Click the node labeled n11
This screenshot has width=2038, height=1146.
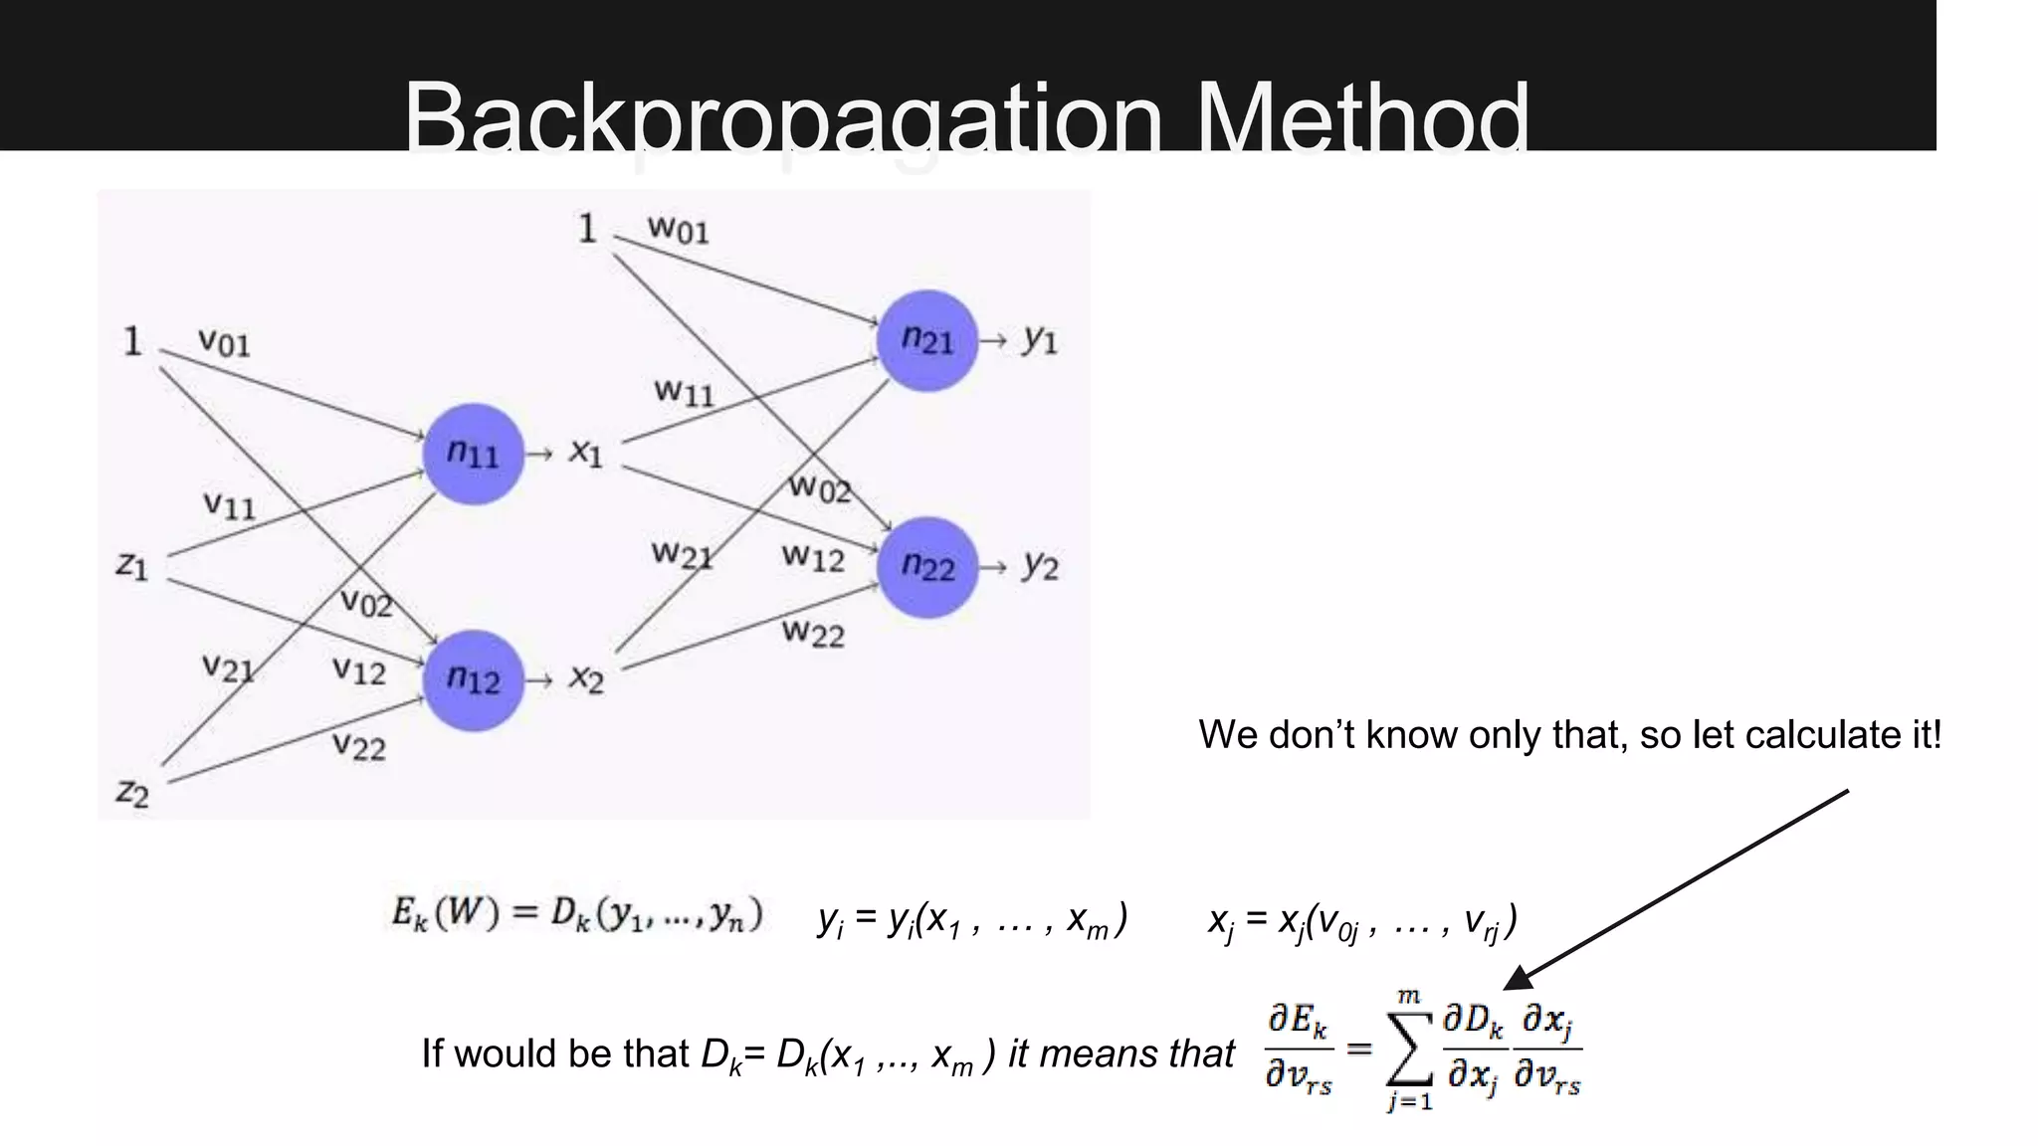[473, 454]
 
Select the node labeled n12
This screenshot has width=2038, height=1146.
[473, 680]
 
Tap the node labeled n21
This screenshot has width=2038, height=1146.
[927, 341]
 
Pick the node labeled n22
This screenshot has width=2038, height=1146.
[927, 567]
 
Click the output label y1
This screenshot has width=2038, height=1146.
[1041, 340]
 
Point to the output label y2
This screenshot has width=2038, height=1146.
[1041, 566]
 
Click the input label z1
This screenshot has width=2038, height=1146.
[132, 566]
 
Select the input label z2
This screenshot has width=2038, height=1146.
[132, 793]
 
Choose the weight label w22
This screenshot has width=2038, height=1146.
[813, 632]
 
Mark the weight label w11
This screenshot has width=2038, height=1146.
[684, 391]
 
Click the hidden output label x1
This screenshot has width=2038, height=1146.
[586, 453]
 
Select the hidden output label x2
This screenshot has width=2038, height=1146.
[586, 679]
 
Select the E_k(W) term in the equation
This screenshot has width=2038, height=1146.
[446, 914]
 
